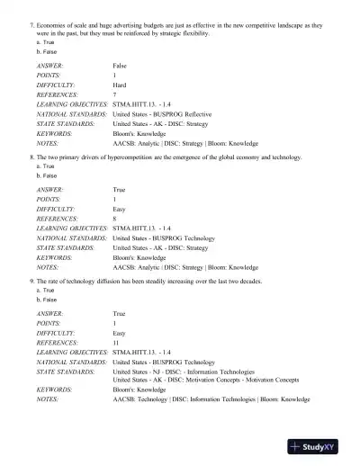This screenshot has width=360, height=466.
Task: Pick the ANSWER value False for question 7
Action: (x=121, y=67)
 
